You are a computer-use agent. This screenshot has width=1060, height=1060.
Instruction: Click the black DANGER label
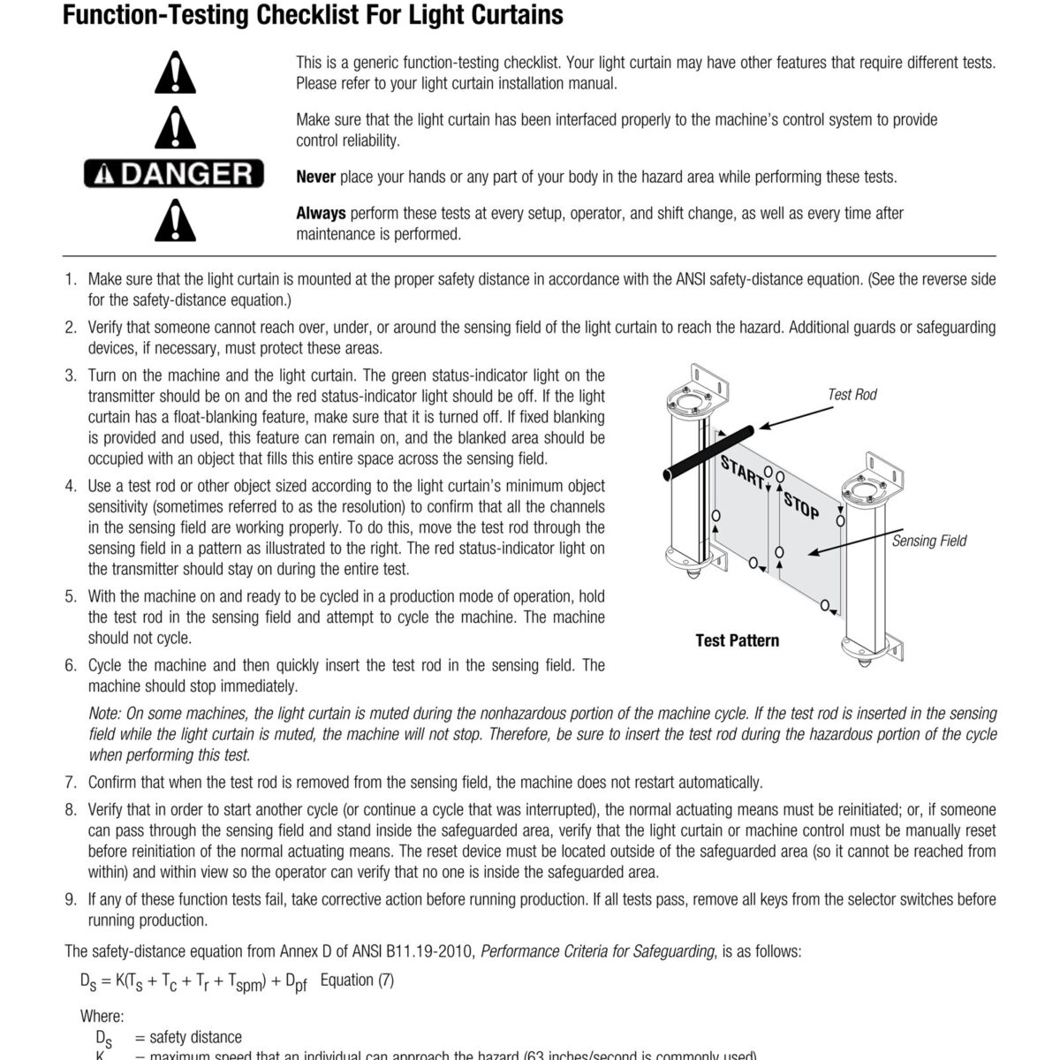pos(174,173)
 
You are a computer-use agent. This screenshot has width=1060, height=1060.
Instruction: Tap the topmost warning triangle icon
pos(175,73)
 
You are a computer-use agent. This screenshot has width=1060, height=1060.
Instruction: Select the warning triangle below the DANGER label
pos(175,221)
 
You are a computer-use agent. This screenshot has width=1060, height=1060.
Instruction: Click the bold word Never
pos(315,177)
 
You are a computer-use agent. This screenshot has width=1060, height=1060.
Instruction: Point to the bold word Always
pos(321,213)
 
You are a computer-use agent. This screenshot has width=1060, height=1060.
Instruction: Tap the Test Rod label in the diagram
pos(852,395)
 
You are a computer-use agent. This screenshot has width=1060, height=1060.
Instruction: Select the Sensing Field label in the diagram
pos(928,541)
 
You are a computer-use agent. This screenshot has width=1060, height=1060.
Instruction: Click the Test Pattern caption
pos(737,640)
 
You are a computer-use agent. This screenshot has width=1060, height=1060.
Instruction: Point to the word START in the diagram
pos(741,473)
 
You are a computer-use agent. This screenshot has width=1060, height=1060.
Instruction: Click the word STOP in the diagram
pos(800,505)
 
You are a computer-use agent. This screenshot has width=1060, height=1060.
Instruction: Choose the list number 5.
pos(71,596)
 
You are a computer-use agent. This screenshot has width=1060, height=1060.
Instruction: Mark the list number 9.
pos(71,899)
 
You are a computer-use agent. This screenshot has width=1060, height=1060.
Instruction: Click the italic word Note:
pos(105,714)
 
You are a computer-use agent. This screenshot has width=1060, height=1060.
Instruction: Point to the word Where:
pos(102,1017)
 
